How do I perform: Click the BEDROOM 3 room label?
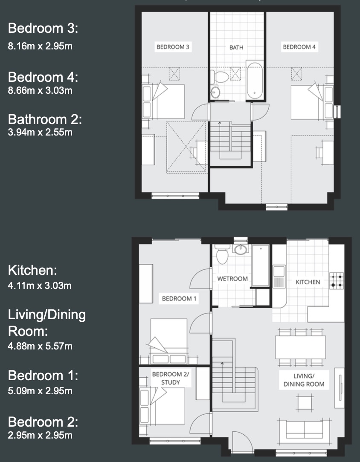(173, 47)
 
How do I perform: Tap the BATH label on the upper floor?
(236, 47)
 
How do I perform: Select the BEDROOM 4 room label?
(299, 47)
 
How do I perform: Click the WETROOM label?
(232, 279)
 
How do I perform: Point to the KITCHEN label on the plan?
(308, 282)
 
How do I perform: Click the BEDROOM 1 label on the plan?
(179, 298)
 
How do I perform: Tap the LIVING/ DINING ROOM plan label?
(304, 380)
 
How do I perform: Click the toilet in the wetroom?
(222, 256)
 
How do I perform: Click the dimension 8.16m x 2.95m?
(40, 46)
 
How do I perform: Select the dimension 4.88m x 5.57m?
(40, 346)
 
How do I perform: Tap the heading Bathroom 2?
(45, 119)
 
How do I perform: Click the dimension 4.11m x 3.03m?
(40, 286)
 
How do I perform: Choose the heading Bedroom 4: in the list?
(43, 77)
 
